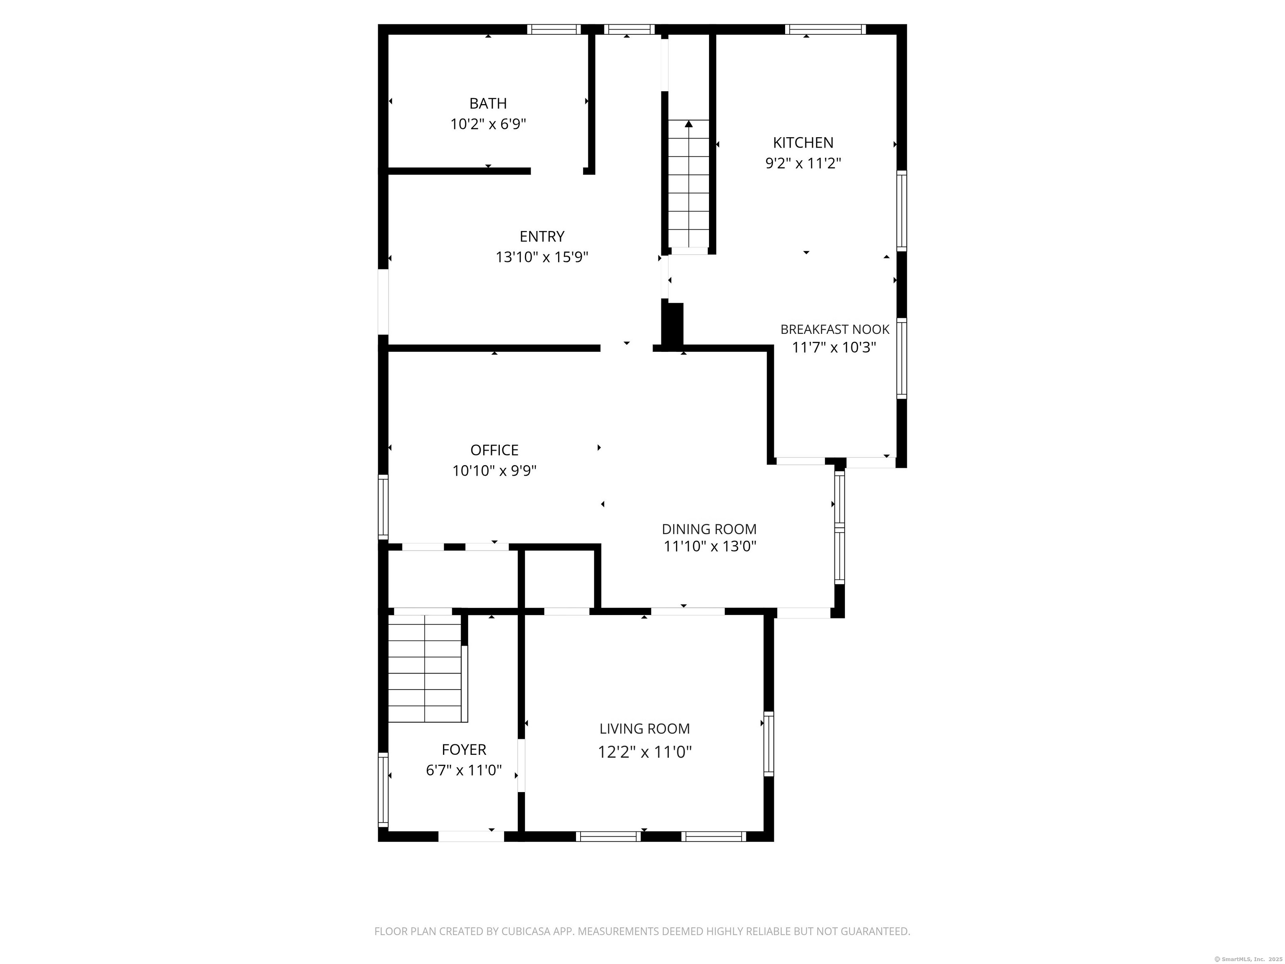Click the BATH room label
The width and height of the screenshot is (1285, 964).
click(x=488, y=103)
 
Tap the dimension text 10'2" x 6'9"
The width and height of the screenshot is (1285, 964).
click(x=488, y=124)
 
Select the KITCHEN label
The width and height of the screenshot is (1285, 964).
click(x=803, y=142)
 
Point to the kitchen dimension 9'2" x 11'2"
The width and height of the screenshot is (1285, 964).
click(x=803, y=163)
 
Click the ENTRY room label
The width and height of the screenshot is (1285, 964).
click(x=541, y=236)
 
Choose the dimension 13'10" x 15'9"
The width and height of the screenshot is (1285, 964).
click(x=541, y=257)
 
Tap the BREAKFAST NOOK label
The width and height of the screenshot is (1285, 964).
click(x=834, y=329)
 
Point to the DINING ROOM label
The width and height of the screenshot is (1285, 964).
click(x=709, y=529)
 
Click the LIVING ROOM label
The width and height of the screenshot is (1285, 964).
click(x=644, y=729)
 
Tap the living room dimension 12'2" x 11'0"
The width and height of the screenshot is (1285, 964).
click(x=644, y=752)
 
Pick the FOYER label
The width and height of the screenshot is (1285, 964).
click(x=463, y=750)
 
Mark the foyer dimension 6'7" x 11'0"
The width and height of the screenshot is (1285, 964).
click(x=463, y=771)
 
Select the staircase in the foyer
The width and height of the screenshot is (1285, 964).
click(x=425, y=668)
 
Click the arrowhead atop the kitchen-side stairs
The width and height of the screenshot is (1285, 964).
click(x=689, y=124)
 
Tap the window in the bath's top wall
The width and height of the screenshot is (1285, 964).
click(x=554, y=29)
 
